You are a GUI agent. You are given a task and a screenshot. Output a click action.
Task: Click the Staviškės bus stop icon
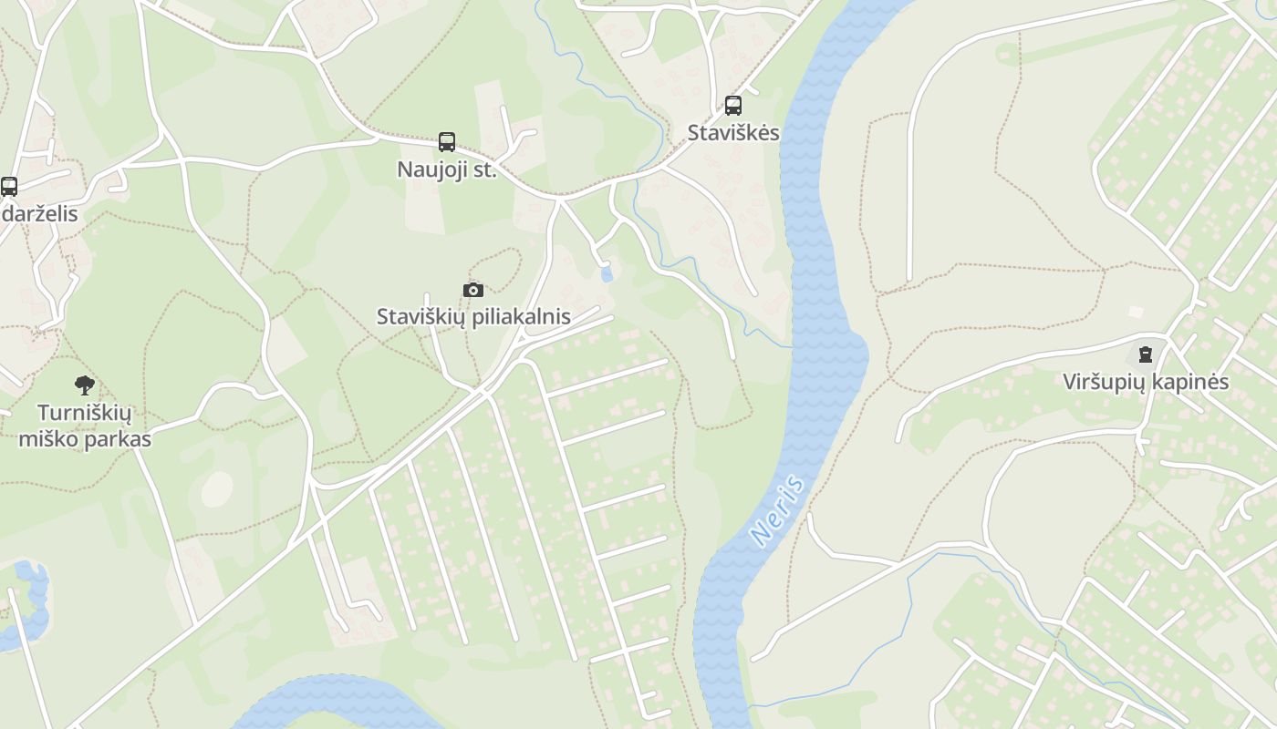coord(733,105)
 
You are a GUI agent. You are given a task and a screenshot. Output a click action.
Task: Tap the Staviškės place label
coord(733,133)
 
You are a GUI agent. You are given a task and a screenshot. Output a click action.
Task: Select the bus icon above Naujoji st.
coord(447,142)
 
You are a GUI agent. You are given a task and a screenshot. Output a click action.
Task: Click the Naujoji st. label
coord(447,169)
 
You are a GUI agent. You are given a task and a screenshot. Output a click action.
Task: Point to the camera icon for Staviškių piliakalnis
coord(472,290)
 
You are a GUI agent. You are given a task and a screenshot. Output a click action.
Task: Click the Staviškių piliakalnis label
coord(473,317)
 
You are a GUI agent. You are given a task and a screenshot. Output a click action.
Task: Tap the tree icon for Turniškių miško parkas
coord(85,385)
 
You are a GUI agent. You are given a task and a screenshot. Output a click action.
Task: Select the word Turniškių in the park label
coord(85,414)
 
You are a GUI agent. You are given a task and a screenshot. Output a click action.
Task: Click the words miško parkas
coord(85,439)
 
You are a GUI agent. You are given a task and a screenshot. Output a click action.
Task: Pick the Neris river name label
coord(778,510)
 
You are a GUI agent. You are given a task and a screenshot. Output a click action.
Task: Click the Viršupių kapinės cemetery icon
coord(1146,354)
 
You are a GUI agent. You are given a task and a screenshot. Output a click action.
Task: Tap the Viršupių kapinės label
coord(1146,383)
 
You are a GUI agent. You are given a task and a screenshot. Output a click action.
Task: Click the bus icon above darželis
coord(9,187)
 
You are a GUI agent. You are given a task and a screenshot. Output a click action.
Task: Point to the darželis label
coord(39,215)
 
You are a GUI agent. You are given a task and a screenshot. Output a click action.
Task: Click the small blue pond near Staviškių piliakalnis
coord(607,273)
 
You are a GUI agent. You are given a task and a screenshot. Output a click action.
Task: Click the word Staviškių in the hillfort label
coord(420,317)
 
